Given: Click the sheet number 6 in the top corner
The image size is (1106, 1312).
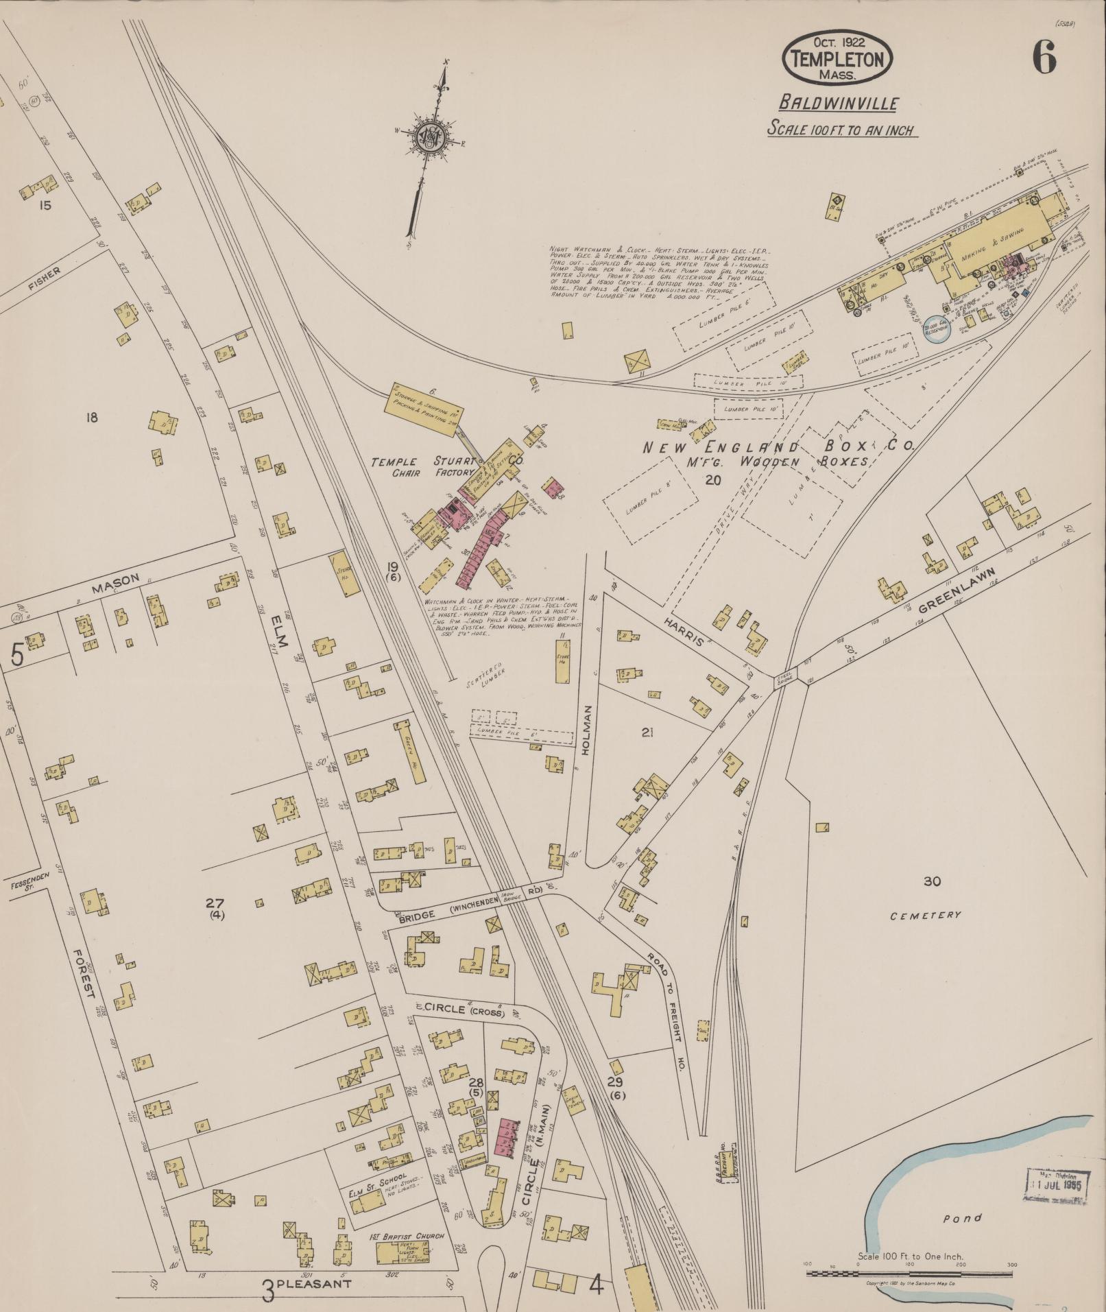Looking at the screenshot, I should pos(1044,57).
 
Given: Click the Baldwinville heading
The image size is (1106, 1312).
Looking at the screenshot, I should pos(838,104).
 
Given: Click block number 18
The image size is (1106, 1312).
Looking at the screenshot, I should pos(92,417).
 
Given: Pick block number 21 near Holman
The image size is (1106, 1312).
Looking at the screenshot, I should pos(647,732).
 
